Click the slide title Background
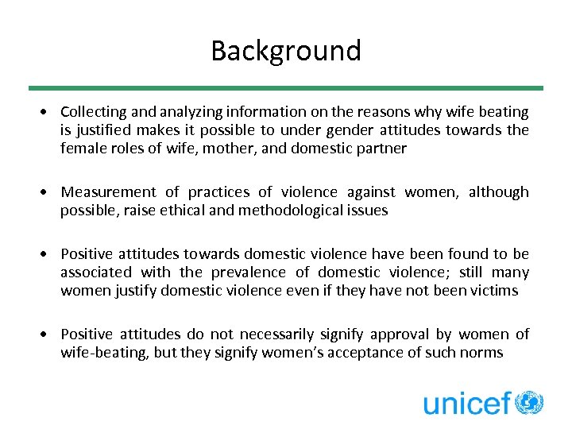pyautogui.click(x=286, y=51)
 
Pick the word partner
pyautogui.click(x=380, y=149)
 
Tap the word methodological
pyautogui.click(x=269, y=211)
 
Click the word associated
pyautogui.click(x=95, y=272)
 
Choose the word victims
pyautogui.click(x=493, y=291)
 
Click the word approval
pyautogui.click(x=404, y=334)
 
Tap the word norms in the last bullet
pyautogui.click(x=481, y=353)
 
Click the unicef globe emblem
pyautogui.click(x=529, y=403)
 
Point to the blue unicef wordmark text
pyautogui.click(x=467, y=403)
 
